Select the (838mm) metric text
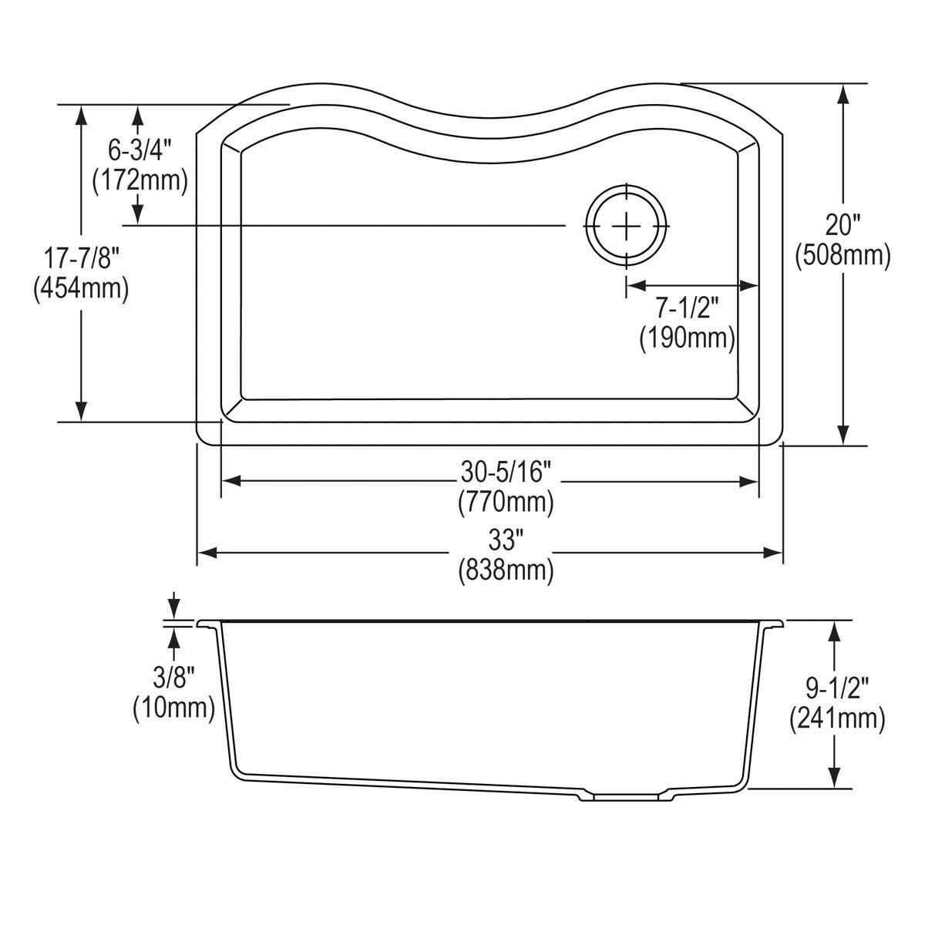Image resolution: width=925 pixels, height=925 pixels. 506,570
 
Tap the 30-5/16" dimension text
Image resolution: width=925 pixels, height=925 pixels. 505,469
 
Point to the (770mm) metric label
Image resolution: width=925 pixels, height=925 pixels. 506,502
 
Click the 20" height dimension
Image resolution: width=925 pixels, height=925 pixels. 843,224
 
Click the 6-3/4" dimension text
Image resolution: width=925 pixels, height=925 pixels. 140,148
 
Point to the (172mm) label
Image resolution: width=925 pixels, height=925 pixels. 140,180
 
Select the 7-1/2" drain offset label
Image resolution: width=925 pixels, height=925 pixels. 687,308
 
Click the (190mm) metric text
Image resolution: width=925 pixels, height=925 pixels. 687,338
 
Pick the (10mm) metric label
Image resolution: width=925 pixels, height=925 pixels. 173,707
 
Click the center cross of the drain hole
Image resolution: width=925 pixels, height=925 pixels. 626,225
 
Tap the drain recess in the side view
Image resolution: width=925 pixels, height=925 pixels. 625,797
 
